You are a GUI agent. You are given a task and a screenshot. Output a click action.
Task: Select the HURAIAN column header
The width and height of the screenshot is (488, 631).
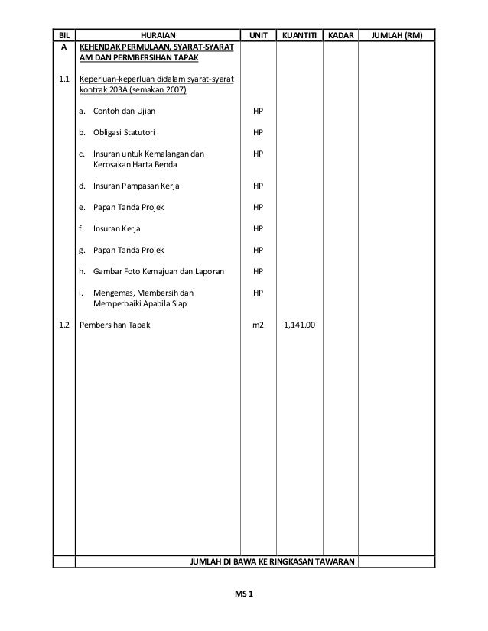pos(157,35)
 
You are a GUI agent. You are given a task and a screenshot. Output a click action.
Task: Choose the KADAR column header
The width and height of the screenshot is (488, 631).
pos(340,35)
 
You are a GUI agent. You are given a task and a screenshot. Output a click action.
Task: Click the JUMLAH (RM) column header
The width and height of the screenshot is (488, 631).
pos(396,35)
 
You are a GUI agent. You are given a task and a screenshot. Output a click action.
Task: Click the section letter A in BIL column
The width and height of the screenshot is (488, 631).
pos(63,47)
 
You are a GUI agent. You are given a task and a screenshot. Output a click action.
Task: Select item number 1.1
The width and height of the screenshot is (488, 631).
pos(63,79)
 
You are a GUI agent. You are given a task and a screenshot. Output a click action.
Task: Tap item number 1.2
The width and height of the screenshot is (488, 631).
pos(63,325)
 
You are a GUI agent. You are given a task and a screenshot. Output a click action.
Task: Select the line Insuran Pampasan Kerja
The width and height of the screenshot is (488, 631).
pos(137,186)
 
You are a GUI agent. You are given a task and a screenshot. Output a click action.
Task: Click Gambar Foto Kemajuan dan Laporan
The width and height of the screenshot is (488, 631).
pos(158,271)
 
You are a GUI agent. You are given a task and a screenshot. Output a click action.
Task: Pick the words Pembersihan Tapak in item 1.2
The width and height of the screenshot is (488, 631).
pos(115,325)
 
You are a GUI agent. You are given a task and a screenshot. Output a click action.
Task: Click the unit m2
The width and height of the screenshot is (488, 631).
pos(258,325)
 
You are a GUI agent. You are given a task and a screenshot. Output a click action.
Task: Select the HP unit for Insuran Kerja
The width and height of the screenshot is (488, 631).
pos(258,228)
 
